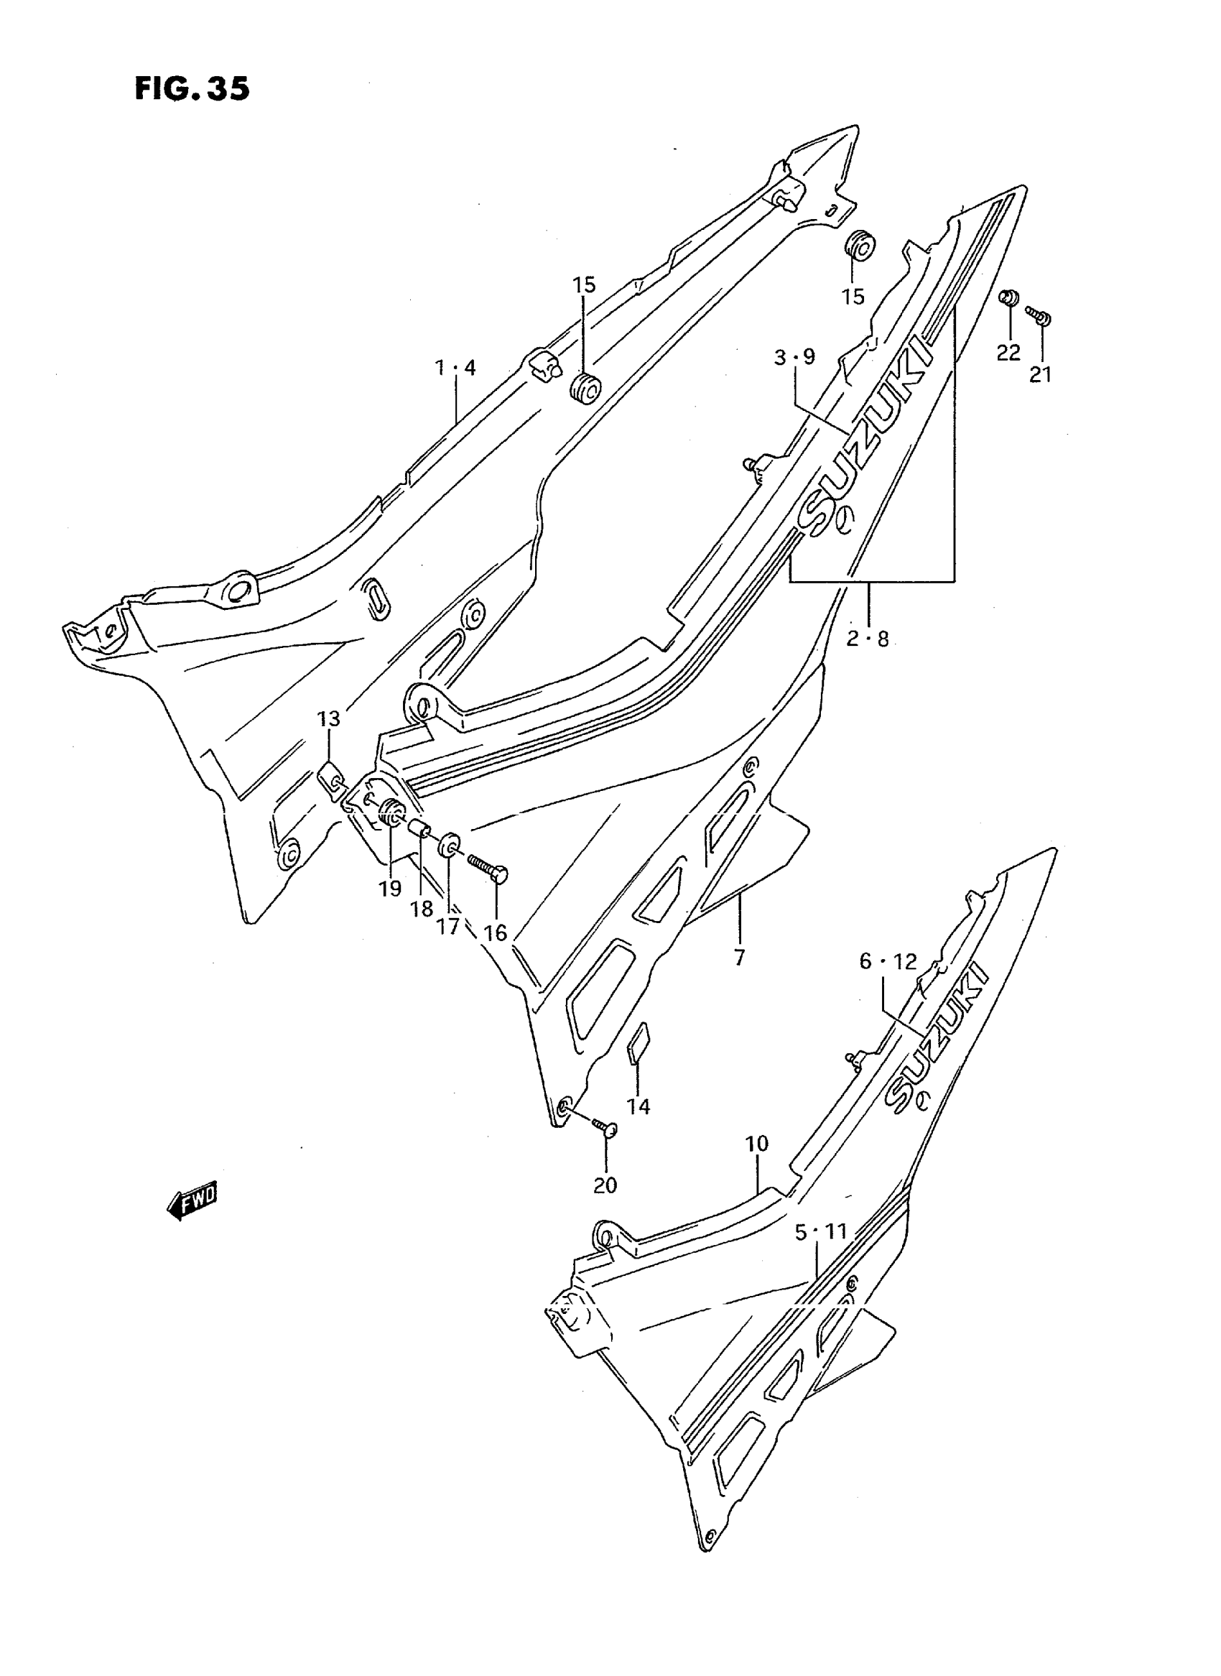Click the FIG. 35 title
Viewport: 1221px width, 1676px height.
click(x=192, y=88)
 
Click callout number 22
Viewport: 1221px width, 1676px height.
click(x=1008, y=353)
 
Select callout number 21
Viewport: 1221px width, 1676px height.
click(x=1041, y=375)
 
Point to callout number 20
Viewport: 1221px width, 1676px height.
click(x=605, y=1185)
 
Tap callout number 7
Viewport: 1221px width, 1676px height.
click(x=740, y=958)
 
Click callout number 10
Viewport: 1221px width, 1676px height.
click(x=757, y=1144)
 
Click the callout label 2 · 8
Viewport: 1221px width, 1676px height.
click(x=868, y=638)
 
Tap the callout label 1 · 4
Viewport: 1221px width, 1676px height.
click(x=455, y=367)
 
